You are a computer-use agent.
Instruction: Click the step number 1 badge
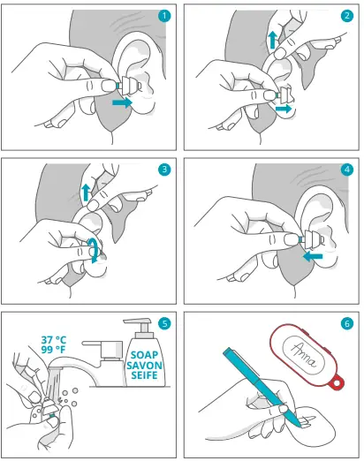(164, 16)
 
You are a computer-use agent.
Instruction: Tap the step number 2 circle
(347, 16)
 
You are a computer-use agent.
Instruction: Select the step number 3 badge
(164, 170)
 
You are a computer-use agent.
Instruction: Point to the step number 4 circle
(347, 170)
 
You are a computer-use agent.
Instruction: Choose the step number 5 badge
(164, 323)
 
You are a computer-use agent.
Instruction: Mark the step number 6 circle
(347, 323)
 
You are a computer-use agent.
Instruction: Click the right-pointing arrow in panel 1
(123, 102)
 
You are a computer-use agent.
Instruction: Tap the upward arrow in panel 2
(273, 41)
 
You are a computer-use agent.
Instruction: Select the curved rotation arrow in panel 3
(95, 250)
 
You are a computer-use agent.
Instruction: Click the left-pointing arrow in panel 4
(313, 256)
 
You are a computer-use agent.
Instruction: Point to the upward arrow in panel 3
(86, 193)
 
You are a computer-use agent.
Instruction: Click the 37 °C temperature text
(54, 340)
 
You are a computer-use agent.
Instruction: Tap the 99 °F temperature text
(54, 350)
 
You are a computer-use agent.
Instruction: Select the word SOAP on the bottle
(144, 355)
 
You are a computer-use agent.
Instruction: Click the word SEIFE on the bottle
(144, 375)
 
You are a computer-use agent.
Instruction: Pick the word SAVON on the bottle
(144, 366)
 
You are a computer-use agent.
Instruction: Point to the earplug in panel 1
(129, 86)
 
